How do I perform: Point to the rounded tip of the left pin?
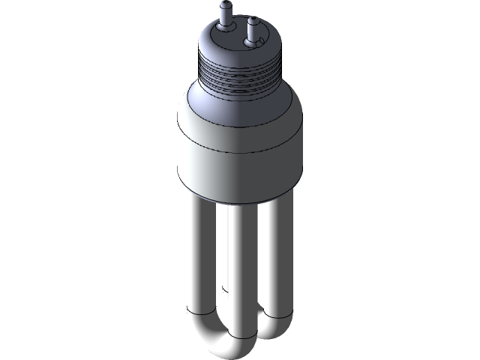pyautogui.click(x=223, y=5)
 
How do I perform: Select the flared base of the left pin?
pyautogui.click(x=223, y=25)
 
